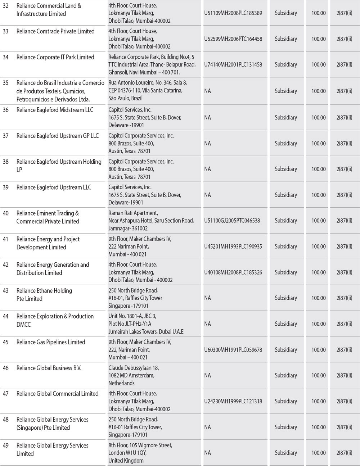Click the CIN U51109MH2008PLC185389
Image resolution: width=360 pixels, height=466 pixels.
click(233, 13)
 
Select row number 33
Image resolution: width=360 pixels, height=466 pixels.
click(6, 31)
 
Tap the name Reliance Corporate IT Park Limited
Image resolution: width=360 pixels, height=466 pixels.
click(55, 57)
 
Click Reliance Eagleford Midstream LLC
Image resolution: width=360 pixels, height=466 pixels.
click(55, 110)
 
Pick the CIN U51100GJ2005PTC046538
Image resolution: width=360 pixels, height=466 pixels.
click(232, 221)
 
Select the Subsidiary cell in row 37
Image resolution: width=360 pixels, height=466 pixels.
click(285, 143)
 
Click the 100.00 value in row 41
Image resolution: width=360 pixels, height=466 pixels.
click(318, 246)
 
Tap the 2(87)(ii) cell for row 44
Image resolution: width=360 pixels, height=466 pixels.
click(344, 324)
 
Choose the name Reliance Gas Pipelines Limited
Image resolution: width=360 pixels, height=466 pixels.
click(51, 342)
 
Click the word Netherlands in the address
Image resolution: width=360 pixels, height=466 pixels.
click(121, 383)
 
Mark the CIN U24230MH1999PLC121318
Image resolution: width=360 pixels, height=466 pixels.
click(233, 401)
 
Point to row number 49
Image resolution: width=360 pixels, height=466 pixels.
click(6, 445)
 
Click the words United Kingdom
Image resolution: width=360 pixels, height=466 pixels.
click(126, 461)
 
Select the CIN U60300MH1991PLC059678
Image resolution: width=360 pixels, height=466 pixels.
click(233, 350)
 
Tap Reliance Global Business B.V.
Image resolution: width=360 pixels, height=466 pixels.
click(49, 368)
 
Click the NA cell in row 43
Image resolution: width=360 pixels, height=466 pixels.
click(207, 298)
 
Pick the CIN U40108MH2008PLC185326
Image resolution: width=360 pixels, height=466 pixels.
click(233, 272)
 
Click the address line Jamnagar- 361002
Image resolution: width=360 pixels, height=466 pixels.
click(128, 229)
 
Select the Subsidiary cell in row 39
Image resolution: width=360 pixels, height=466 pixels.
click(285, 195)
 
